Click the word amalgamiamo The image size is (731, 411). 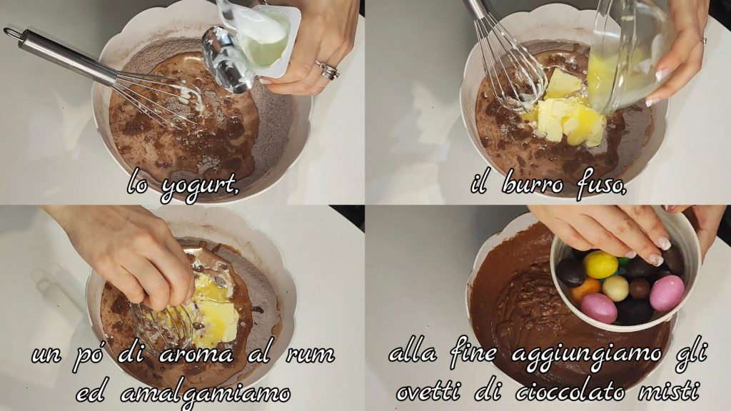pos(206,394)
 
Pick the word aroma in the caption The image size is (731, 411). pos(196,355)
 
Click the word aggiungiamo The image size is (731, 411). pos(587,356)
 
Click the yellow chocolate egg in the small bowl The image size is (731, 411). pos(600,264)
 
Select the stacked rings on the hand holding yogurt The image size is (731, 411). pos(328,70)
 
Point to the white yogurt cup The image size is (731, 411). pos(263,40)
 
